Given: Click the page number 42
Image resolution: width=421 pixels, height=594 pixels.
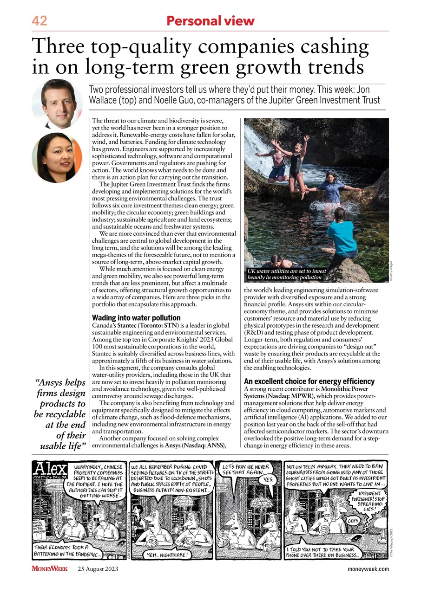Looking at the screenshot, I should pyautogui.click(x=39, y=21).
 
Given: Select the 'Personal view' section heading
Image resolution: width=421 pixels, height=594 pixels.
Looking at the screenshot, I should pyautogui.click(x=210, y=21).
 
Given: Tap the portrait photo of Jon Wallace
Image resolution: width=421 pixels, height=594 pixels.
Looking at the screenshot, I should pyautogui.click(x=57, y=103).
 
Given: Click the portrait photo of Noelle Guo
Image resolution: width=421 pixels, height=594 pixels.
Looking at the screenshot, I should pyautogui.click(x=57, y=157).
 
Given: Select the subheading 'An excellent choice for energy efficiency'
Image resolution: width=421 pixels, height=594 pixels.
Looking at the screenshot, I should pyautogui.click(x=309, y=381).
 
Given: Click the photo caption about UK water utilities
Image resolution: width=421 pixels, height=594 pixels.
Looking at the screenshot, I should pyautogui.click(x=284, y=273).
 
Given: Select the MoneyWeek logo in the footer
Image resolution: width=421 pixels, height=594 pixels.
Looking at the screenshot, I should pyautogui.click(x=50, y=569).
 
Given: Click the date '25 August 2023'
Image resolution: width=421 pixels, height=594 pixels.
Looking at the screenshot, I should pyautogui.click(x=98, y=569).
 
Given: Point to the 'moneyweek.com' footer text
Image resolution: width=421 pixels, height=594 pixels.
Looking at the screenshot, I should pyautogui.click(x=368, y=569).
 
